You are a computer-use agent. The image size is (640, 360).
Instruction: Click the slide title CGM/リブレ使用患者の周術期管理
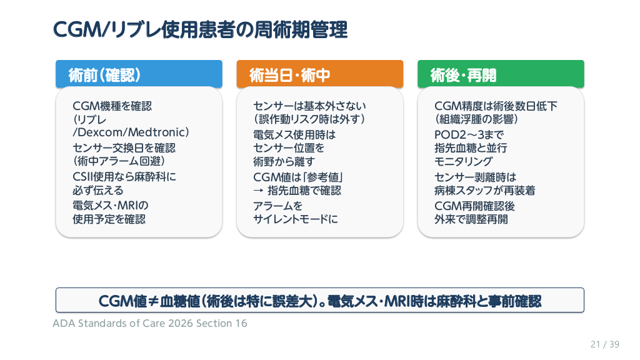pos(200,30)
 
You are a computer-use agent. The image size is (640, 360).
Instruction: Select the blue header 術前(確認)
pos(139,74)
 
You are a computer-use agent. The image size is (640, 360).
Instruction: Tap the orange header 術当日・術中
pos(319,74)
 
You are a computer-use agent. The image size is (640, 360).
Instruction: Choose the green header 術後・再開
pos(501,74)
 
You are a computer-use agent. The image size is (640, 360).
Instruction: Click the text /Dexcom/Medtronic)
pos(131,132)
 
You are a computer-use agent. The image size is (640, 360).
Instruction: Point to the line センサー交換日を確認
pos(124,147)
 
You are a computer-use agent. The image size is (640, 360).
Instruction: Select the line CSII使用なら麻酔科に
pos(124,177)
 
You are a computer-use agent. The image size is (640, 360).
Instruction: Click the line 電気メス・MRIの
pos(110,205)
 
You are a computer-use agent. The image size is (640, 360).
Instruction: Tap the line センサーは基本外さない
pos(310,106)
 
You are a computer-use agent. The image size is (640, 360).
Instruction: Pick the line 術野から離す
pos(284,162)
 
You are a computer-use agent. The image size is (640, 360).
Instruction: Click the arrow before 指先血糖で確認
pos(258,191)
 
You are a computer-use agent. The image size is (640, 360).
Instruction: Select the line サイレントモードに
pos(296,219)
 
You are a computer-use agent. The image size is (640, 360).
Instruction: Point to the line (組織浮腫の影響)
pos(476,119)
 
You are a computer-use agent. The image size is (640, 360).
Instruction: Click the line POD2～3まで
pos(469,135)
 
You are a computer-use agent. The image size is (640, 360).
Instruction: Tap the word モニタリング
pos(464,162)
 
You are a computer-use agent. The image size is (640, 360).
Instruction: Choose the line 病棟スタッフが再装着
pos(485,191)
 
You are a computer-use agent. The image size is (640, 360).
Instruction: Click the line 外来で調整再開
pos(471,219)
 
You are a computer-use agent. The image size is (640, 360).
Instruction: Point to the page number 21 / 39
pos(605,344)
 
